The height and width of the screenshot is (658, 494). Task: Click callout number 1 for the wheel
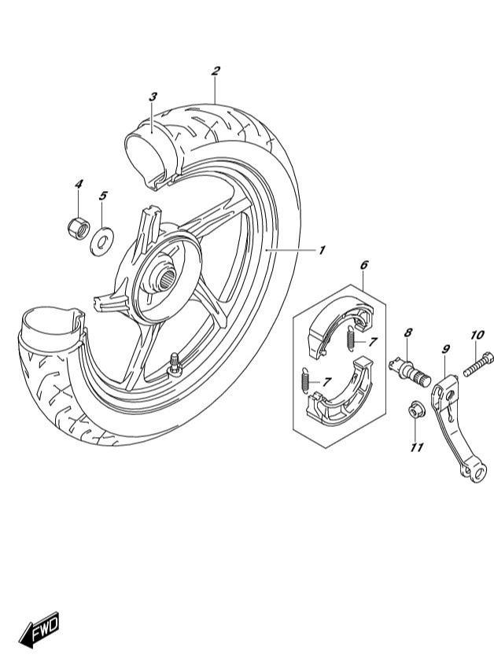(x=322, y=251)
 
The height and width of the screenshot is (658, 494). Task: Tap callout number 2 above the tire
(x=216, y=71)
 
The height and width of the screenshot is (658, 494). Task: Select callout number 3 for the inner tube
(x=153, y=97)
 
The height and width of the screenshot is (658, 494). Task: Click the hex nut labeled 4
(x=79, y=227)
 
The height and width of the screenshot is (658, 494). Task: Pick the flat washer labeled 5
(x=102, y=241)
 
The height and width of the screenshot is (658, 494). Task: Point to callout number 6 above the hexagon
(x=363, y=265)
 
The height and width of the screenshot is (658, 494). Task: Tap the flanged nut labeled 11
(x=416, y=410)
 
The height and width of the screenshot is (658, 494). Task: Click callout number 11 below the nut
(x=416, y=448)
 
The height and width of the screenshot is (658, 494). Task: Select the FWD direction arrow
(x=39, y=629)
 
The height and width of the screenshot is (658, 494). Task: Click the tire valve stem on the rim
(x=174, y=364)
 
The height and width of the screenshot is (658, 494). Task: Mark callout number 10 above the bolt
(x=477, y=336)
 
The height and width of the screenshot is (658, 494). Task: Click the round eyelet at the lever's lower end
(x=477, y=473)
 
